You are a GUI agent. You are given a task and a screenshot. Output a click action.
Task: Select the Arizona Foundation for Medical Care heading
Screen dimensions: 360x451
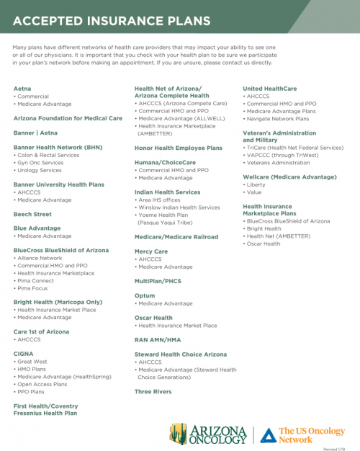click(68, 118)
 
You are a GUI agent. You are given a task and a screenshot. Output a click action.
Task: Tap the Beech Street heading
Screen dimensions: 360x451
click(32, 214)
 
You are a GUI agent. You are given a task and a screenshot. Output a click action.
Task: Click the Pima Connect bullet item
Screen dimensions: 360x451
click(37, 280)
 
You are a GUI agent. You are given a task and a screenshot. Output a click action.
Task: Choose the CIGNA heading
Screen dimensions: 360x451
click(24, 354)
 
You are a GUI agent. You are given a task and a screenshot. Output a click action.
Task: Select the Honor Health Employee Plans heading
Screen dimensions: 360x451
click(178, 148)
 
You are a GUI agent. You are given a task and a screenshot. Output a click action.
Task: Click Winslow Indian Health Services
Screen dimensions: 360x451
click(179, 207)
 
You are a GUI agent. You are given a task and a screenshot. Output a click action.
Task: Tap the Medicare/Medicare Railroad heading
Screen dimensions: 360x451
click(176, 236)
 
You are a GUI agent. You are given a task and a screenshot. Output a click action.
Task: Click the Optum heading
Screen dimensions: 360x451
click(145, 295)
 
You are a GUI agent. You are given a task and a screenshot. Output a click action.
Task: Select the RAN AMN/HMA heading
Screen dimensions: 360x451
click(158, 339)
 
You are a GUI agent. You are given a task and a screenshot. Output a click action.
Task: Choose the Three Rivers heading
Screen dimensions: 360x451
click(153, 391)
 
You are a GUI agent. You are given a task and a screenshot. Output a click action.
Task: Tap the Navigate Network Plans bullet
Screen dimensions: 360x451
click(277, 118)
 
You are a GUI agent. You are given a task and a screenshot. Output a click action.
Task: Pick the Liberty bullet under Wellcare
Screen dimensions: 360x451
click(256, 184)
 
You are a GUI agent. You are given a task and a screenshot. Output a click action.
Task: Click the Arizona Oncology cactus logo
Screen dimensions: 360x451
click(179, 434)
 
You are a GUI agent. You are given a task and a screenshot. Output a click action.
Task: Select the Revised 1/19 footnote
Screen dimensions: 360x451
click(341, 447)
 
